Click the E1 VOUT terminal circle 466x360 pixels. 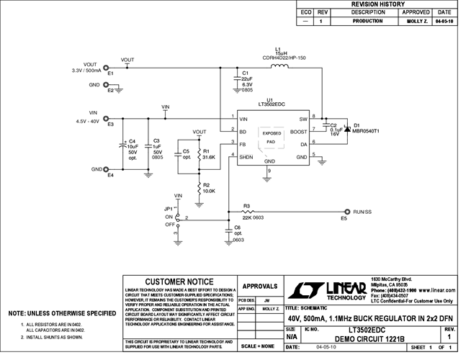coord(107,68)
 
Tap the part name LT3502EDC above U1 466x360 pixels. coord(269,104)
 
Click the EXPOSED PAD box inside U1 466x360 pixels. coord(272,138)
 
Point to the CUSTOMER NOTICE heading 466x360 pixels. coord(179,282)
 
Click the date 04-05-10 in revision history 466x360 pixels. coord(444,22)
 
